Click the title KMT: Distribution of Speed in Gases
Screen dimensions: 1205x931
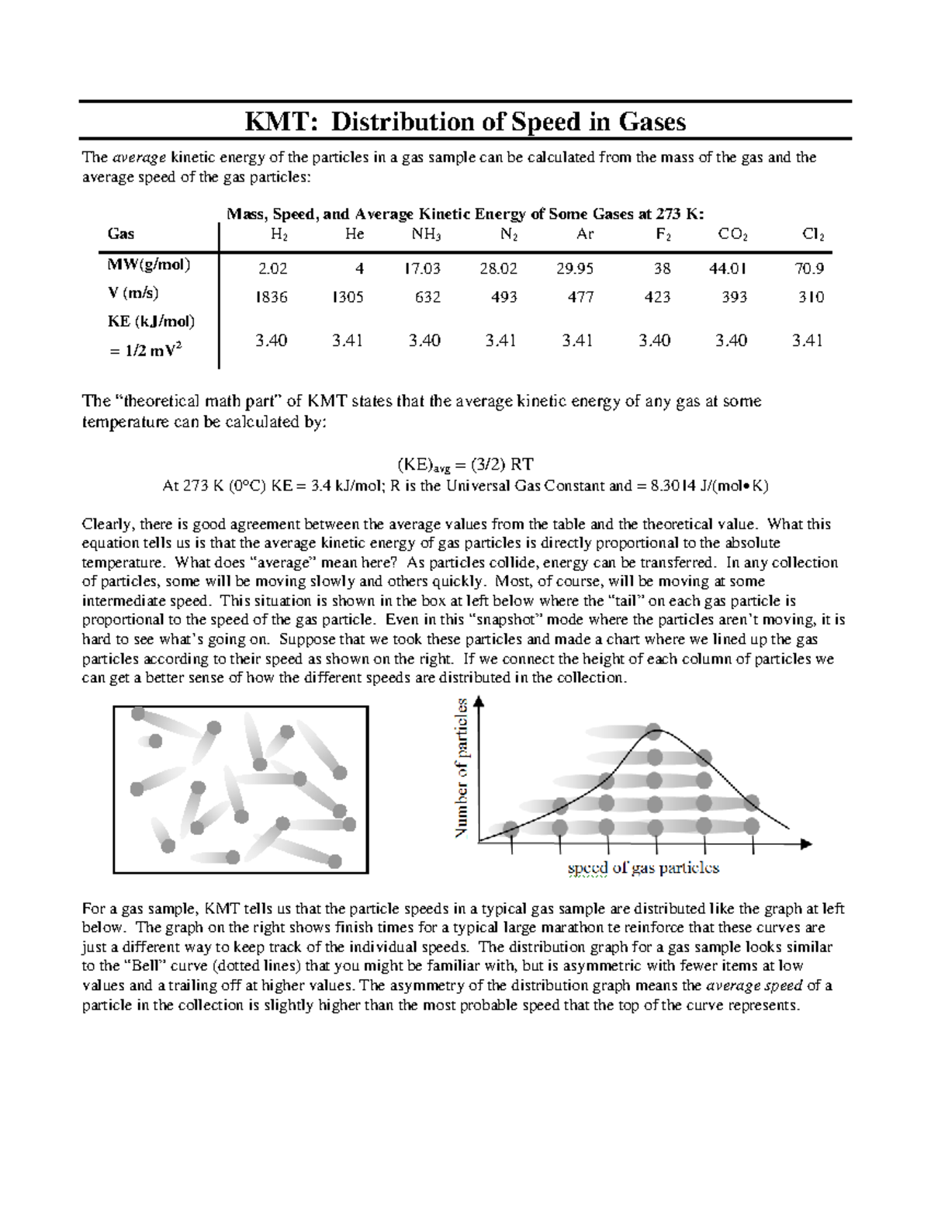(465, 122)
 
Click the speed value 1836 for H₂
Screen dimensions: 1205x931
(272, 297)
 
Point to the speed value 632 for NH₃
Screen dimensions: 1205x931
(427, 297)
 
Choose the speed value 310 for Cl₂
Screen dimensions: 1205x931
(812, 297)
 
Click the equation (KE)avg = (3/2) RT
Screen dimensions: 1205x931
(465, 464)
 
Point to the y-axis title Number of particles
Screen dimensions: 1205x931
(462, 768)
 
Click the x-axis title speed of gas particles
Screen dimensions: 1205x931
(643, 868)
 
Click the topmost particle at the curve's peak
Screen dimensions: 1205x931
(655, 731)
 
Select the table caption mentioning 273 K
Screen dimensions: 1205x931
(465, 214)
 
